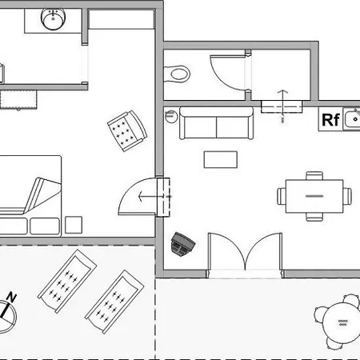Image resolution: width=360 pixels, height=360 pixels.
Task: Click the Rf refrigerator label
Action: [330, 120]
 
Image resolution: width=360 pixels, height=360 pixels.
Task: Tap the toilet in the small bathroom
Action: [177, 74]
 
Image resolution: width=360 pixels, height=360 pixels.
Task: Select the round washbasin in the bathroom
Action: [53, 18]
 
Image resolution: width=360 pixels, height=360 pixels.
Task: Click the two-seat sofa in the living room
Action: [216, 123]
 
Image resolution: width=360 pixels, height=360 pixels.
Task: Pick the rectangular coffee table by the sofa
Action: [221, 159]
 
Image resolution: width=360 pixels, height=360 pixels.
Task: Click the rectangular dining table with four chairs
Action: [314, 196]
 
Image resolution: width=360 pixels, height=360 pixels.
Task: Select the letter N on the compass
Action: [11, 297]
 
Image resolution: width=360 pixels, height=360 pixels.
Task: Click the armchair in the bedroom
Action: [127, 130]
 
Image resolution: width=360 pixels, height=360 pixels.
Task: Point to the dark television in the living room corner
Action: [182, 244]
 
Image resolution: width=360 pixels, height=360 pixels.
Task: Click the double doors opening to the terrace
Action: [245, 251]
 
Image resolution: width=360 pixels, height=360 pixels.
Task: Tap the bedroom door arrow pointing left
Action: [151, 197]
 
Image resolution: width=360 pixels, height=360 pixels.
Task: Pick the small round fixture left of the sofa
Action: [171, 116]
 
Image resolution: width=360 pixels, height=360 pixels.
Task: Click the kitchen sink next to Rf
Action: [351, 119]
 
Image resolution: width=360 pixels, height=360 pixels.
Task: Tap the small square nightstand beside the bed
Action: [74, 225]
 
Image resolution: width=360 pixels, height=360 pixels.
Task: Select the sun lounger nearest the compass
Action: [67, 281]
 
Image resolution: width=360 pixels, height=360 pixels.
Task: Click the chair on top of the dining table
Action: [314, 176]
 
